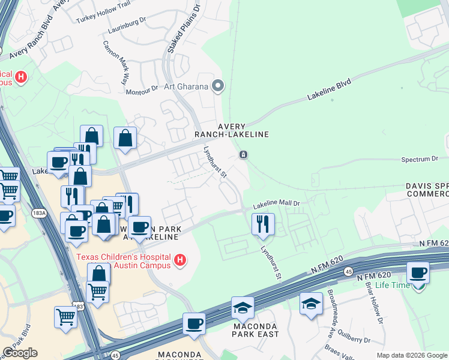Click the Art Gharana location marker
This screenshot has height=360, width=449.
pyautogui.click(x=218, y=86)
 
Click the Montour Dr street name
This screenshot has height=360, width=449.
pyautogui.click(x=142, y=92)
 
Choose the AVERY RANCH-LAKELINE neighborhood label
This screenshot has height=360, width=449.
pyautogui.click(x=231, y=130)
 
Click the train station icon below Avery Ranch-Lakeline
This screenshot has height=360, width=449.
pyautogui.click(x=243, y=155)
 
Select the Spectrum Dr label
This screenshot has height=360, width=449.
pyautogui.click(x=419, y=160)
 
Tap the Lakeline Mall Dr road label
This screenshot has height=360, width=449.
pyautogui.click(x=276, y=204)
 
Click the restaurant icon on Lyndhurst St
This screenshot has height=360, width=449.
pyautogui.click(x=263, y=224)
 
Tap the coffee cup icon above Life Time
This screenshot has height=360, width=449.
pyautogui.click(x=418, y=273)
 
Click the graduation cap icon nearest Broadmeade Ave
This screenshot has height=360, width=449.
pyautogui.click(x=312, y=304)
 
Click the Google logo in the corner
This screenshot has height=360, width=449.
pyautogui.click(x=20, y=353)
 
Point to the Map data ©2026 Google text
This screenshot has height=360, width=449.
pyautogui.click(x=411, y=355)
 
